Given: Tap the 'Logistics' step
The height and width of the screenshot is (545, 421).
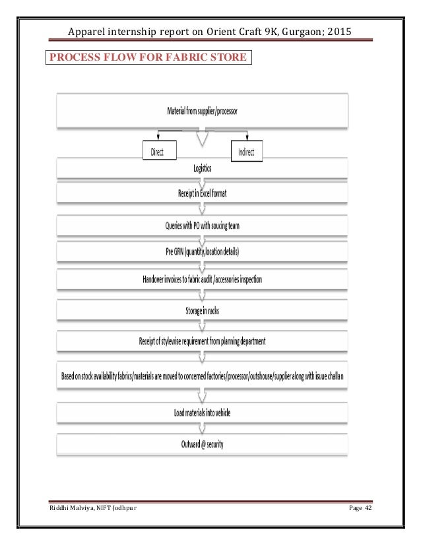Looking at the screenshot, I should point(203,169).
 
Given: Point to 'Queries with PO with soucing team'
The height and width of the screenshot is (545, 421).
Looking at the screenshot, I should point(202,226).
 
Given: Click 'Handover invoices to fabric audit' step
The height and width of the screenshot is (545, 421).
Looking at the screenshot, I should point(202,279).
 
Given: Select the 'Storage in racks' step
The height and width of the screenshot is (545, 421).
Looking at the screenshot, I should point(202,309).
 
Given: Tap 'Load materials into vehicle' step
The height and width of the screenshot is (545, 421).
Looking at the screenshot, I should point(202,413).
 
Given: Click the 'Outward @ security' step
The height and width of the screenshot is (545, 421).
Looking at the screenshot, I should point(202,443).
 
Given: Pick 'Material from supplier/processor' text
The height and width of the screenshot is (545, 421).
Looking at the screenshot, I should point(201,111).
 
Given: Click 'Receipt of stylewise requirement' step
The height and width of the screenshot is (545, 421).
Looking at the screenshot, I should point(202,341).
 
